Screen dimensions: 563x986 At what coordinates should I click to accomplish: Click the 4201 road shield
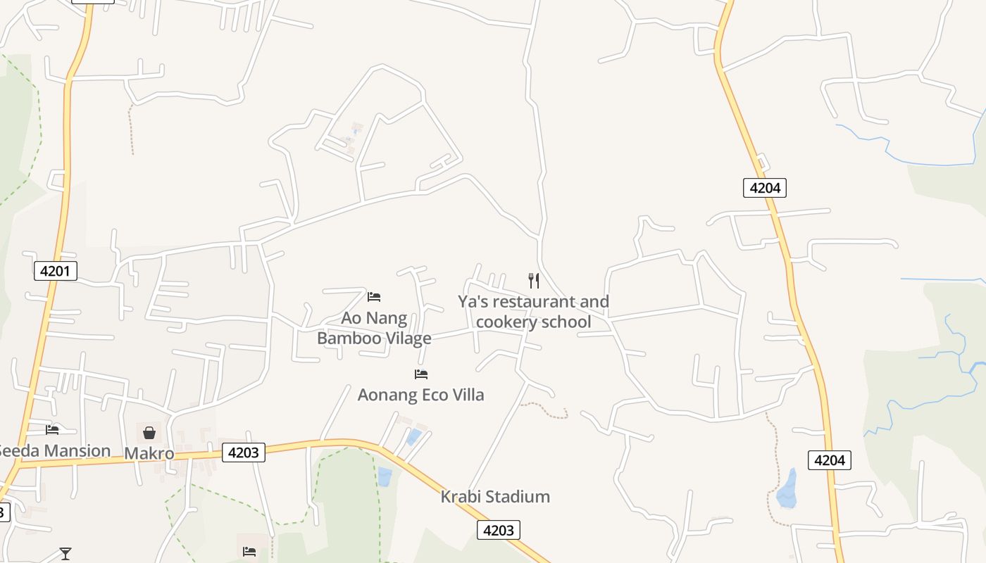point(56,271)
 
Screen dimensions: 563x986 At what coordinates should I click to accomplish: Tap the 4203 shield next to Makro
point(244,453)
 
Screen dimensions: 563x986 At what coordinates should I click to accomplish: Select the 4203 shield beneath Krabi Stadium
point(499,530)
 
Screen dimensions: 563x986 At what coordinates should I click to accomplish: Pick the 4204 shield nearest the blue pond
point(829,460)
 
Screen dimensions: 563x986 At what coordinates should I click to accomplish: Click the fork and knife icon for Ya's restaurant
point(534,281)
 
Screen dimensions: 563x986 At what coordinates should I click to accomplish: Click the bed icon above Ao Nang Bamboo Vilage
point(374,297)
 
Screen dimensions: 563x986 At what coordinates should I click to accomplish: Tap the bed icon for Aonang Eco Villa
point(421,374)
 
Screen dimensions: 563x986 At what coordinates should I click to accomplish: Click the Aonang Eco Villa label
point(421,395)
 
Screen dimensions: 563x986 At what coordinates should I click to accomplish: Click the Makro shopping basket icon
point(149,432)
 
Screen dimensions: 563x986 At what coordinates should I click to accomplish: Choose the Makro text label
point(149,453)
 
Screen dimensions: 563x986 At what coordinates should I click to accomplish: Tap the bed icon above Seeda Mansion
point(52,429)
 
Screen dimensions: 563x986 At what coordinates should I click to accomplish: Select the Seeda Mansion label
point(55,450)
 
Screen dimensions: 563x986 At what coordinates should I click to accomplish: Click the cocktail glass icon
point(65,554)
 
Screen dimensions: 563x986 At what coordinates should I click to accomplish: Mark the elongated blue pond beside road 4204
point(787,488)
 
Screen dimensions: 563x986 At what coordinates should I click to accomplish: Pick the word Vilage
point(408,339)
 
